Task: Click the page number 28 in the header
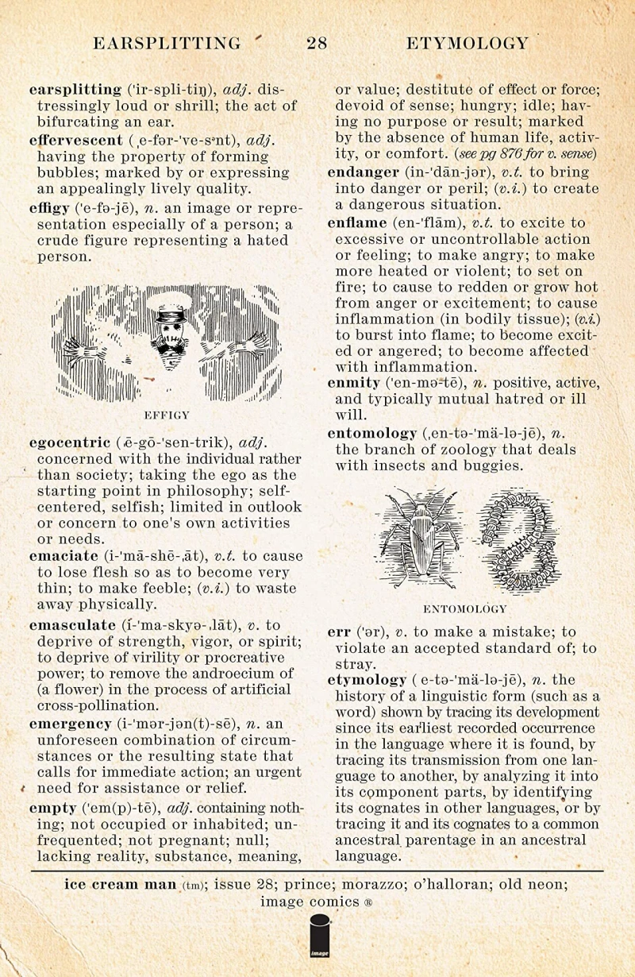317,44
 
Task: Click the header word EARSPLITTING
167,44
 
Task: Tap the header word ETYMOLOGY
467,44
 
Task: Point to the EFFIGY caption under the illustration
167,415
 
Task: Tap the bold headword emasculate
72,625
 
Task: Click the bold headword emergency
70,724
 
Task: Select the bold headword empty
52,808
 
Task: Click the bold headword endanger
364,172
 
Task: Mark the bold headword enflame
356,222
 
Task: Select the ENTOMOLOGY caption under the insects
465,609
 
